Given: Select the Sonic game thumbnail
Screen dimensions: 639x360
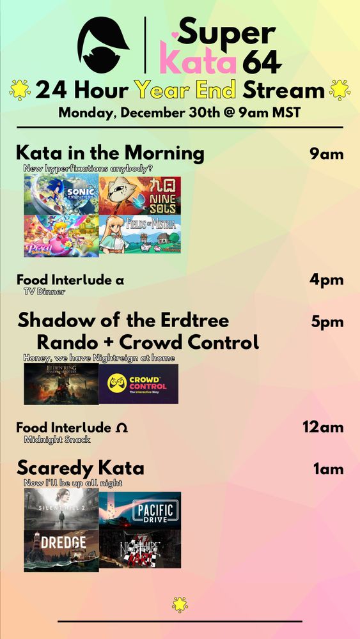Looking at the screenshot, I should [61, 196].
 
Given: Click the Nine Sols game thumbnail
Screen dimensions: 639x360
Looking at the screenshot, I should [140, 196].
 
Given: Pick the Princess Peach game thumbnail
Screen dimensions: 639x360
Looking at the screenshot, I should [61, 236].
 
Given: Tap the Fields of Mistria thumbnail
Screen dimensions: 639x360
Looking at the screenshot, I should [140, 236].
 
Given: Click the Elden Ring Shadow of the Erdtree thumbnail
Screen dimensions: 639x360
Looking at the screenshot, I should [61, 384].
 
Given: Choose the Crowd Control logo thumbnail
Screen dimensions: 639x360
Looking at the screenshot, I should [139, 384].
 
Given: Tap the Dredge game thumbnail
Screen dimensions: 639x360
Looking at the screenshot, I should [61, 550].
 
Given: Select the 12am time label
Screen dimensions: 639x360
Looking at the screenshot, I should [323, 427].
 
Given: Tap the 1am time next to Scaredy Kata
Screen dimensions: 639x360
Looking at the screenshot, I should [328, 469].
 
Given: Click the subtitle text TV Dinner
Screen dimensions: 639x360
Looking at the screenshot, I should [44, 291].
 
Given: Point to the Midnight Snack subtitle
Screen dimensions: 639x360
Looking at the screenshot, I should [57, 440].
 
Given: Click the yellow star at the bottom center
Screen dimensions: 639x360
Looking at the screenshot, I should [180, 603].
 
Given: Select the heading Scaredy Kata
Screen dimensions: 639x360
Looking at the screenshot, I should [81, 468].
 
